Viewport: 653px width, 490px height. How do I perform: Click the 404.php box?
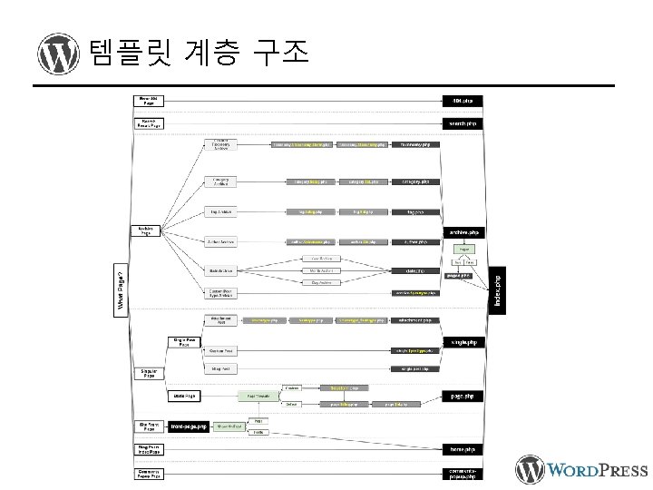(x=463, y=100)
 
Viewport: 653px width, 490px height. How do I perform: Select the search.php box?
(x=463, y=122)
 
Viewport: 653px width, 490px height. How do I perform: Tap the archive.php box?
(x=463, y=232)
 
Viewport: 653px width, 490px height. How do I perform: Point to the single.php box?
(x=463, y=342)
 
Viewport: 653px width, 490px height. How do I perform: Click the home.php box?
(x=463, y=448)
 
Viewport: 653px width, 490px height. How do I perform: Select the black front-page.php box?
(x=191, y=426)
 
